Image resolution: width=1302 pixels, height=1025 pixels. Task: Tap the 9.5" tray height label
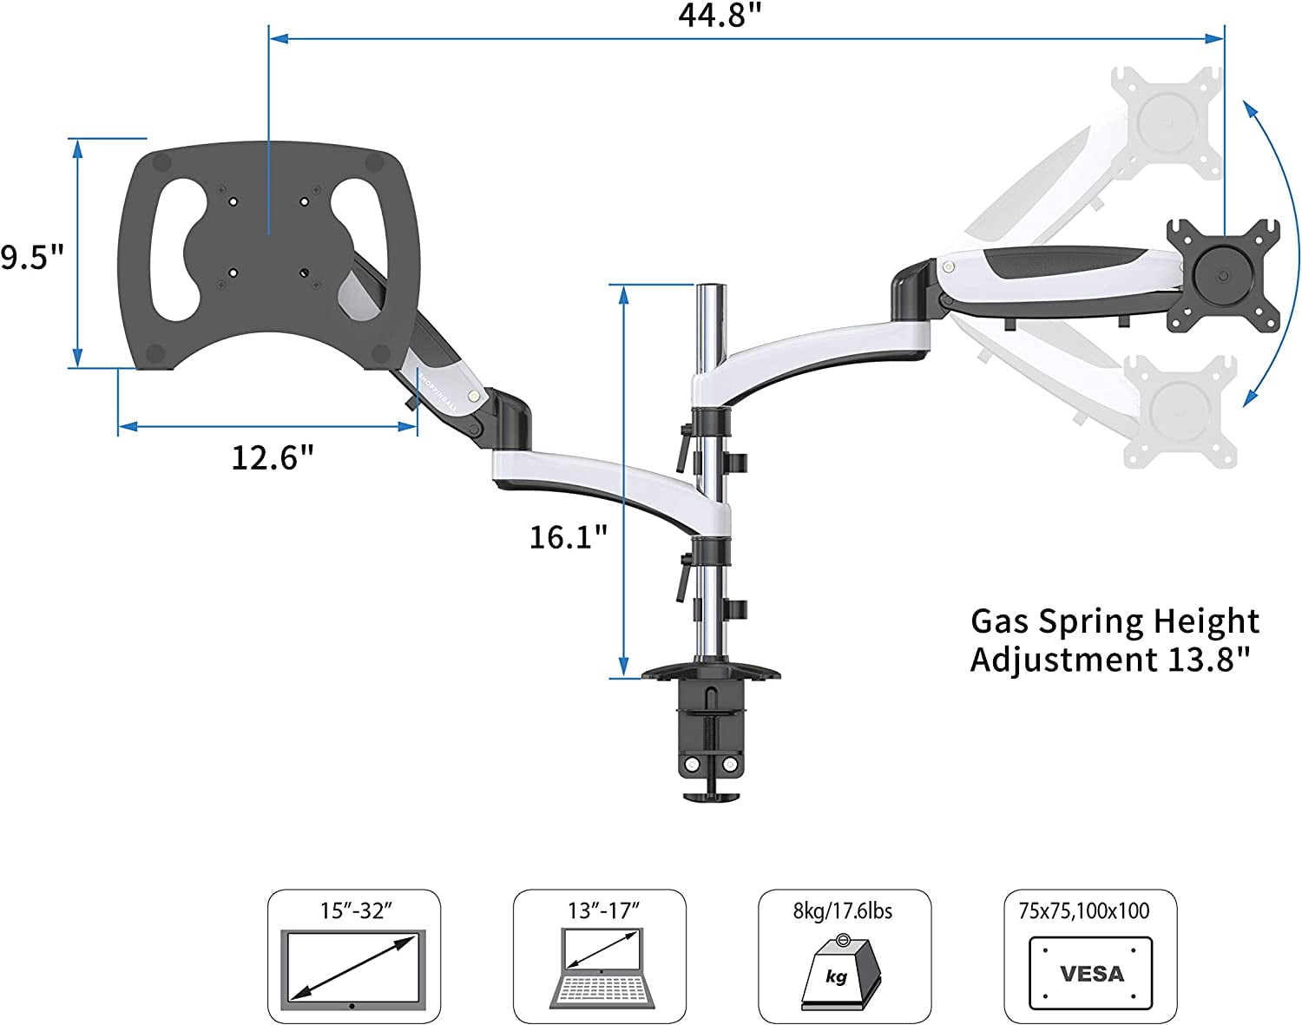(x=32, y=257)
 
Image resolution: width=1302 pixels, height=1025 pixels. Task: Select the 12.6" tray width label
(x=272, y=457)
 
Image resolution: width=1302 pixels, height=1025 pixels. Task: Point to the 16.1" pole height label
(x=569, y=536)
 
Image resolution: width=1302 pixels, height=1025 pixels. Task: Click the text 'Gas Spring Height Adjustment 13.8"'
(x=1115, y=640)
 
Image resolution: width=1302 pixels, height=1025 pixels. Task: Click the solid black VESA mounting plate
(x=1223, y=275)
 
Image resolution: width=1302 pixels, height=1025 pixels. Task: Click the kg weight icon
(x=838, y=972)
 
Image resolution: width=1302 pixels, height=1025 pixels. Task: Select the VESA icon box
(x=1090, y=973)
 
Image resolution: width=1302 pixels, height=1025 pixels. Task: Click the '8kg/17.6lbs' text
(x=843, y=910)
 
